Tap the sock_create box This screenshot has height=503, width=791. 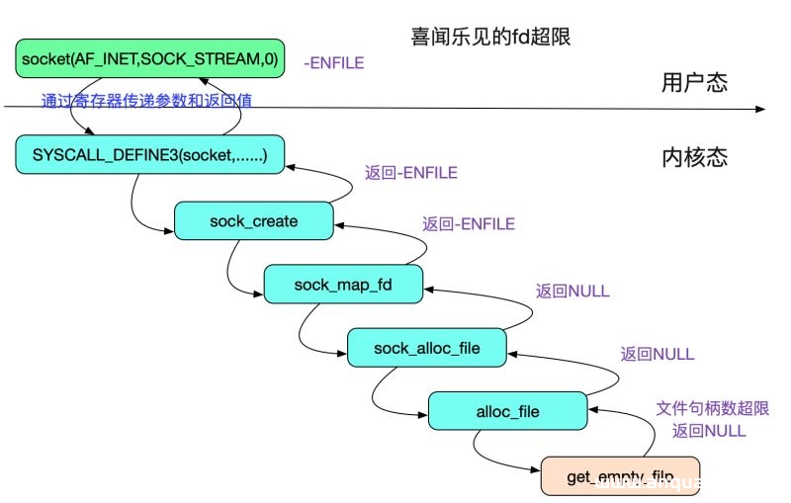click(253, 220)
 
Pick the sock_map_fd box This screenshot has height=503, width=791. click(343, 285)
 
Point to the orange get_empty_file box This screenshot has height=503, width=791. click(620, 476)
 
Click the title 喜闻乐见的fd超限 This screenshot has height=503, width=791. click(491, 38)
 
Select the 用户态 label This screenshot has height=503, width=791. click(694, 83)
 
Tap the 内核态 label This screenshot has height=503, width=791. click(694, 158)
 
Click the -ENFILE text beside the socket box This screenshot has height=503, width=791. click(334, 63)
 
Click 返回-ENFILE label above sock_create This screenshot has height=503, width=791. click(410, 173)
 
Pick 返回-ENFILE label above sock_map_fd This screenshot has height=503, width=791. click(468, 224)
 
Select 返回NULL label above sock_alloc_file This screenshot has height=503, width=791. click(572, 292)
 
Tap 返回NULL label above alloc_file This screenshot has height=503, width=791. click(658, 354)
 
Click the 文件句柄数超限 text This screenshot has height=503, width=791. click(712, 408)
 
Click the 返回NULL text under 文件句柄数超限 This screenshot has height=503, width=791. click(708, 431)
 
